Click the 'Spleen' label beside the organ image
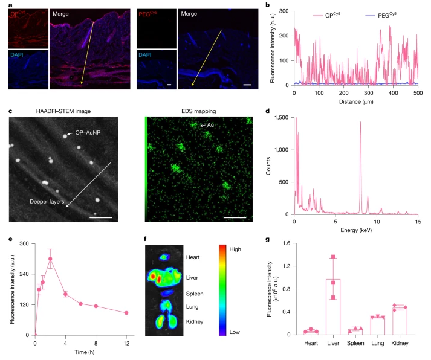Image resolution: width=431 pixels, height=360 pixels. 195,294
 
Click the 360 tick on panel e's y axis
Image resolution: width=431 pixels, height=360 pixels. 24,243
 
